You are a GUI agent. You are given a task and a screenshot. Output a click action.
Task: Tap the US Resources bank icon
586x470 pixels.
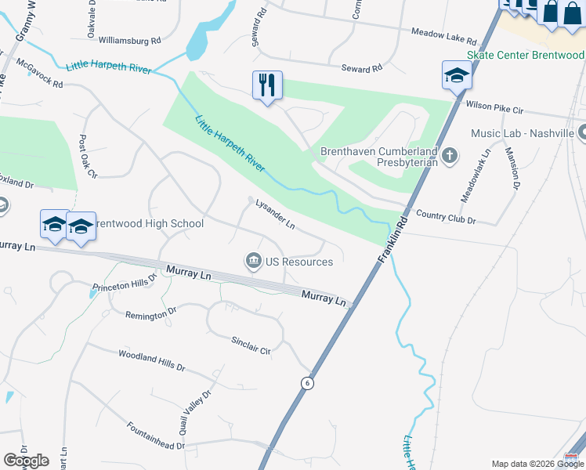click(254, 262)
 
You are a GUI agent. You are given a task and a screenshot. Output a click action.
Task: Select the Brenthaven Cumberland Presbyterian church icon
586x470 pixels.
click(450, 154)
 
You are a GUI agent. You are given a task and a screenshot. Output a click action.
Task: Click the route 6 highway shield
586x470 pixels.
click(308, 382)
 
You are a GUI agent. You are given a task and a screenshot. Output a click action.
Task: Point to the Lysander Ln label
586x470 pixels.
click(275, 214)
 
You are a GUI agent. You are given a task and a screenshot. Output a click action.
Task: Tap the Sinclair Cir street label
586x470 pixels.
click(251, 345)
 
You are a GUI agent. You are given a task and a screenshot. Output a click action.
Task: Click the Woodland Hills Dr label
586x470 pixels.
click(151, 360)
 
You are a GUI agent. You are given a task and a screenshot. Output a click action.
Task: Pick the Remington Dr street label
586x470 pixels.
click(151, 315)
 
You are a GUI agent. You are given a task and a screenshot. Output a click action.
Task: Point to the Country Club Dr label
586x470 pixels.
click(446, 217)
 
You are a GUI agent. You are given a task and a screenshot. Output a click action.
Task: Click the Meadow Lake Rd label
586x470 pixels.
click(443, 36)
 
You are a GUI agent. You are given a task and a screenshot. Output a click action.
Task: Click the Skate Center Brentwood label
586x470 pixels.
click(525, 55)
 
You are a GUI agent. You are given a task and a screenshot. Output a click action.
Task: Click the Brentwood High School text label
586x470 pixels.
click(144, 223)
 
